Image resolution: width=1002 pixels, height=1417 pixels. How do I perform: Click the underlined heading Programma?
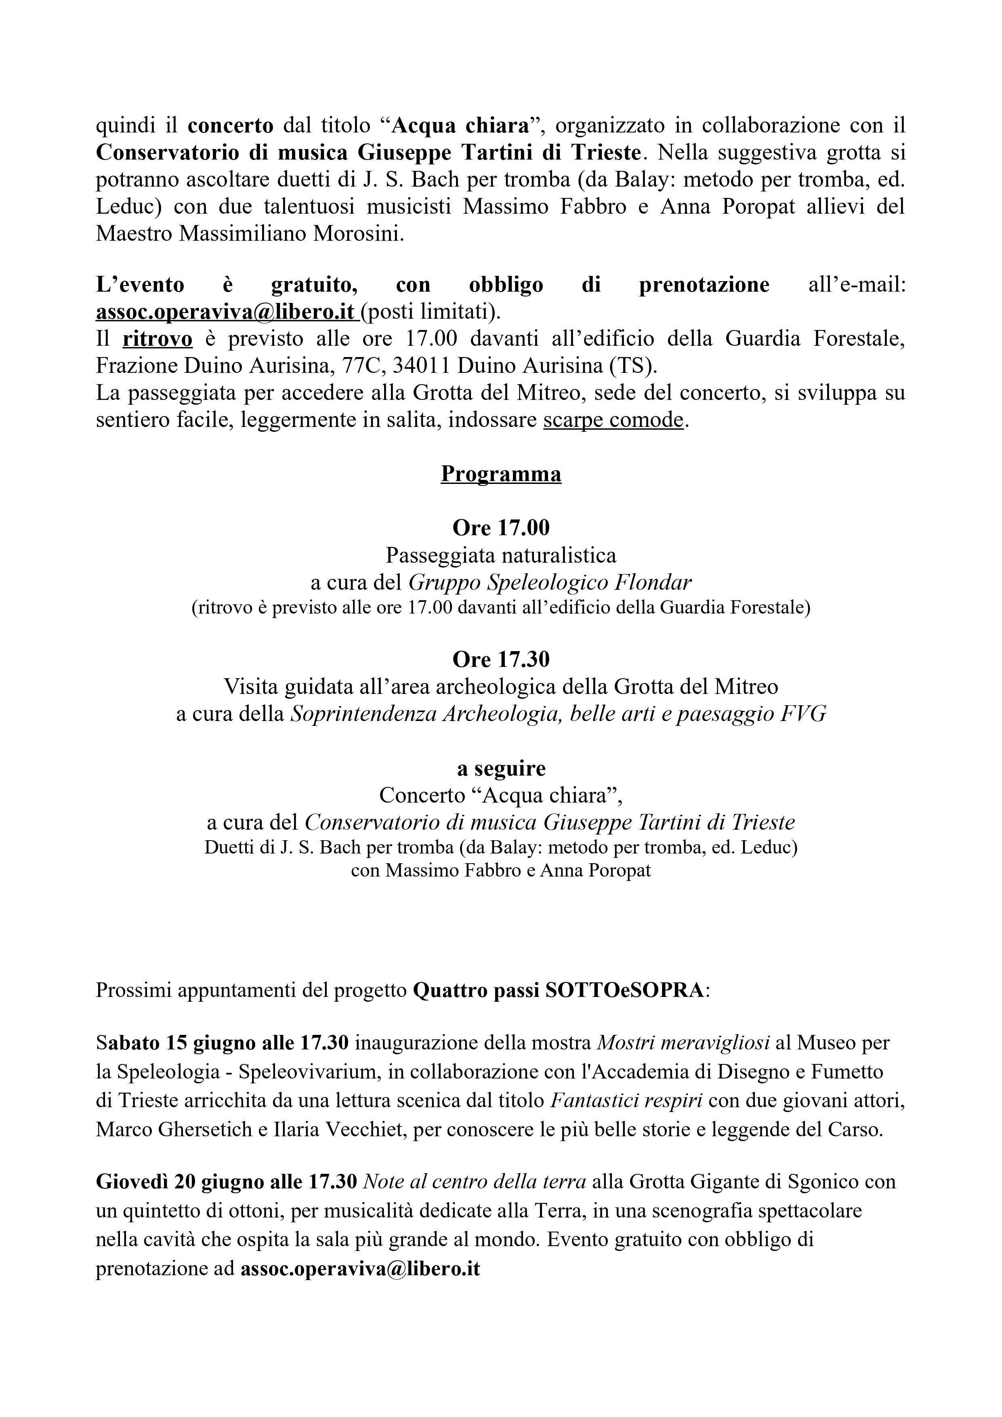coord(500,474)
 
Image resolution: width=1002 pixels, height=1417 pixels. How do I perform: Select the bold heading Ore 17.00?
coord(500,528)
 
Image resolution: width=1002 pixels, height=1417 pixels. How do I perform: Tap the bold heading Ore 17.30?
coord(500,660)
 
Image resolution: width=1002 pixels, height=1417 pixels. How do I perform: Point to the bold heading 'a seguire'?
coord(500,768)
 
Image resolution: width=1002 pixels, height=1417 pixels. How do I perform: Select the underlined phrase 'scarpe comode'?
coord(613,420)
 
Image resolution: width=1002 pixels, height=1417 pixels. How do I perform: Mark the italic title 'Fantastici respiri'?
coord(620,1100)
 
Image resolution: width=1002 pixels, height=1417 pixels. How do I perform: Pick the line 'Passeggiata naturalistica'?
coord(500,555)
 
